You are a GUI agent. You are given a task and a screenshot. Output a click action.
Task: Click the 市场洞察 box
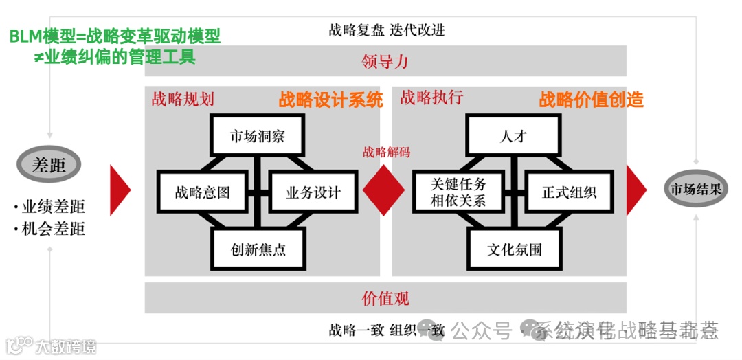click(257, 136)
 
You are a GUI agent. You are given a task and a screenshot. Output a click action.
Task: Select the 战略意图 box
click(202, 192)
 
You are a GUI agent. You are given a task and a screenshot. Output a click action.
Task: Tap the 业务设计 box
click(313, 192)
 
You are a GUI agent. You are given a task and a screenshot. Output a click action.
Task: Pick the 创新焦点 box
click(258, 249)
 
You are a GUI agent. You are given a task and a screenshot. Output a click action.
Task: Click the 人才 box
click(513, 135)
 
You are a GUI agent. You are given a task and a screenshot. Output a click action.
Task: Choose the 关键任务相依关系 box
click(458, 192)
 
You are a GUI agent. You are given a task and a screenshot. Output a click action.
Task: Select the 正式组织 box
click(570, 192)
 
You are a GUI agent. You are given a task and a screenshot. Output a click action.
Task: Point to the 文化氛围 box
click(515, 249)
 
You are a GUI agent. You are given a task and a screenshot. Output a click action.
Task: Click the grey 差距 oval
click(49, 165)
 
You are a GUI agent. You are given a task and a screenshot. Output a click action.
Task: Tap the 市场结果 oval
click(696, 189)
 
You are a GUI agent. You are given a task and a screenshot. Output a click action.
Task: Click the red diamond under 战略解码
click(383, 190)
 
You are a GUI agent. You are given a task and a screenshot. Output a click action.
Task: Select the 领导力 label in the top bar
click(385, 61)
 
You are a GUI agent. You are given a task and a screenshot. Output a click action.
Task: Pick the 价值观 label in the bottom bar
click(385, 298)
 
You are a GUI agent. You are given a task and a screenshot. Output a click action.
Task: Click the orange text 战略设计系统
click(330, 100)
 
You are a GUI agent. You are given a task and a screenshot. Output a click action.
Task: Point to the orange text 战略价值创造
click(591, 100)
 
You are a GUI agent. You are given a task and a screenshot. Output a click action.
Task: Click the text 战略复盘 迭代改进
click(387, 30)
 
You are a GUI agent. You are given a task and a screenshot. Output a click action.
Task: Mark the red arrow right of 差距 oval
click(120, 190)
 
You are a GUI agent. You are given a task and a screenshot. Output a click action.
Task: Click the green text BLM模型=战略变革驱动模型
click(115, 36)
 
